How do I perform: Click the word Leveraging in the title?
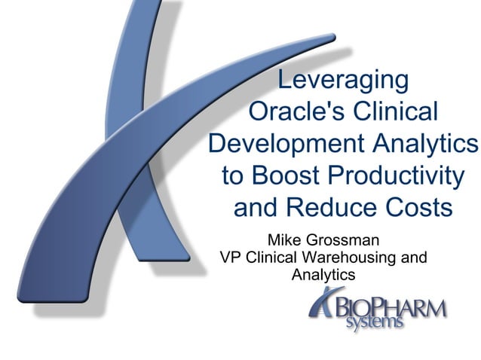[343, 79]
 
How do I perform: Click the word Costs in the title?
[418, 207]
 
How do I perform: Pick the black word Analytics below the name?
[323, 275]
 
